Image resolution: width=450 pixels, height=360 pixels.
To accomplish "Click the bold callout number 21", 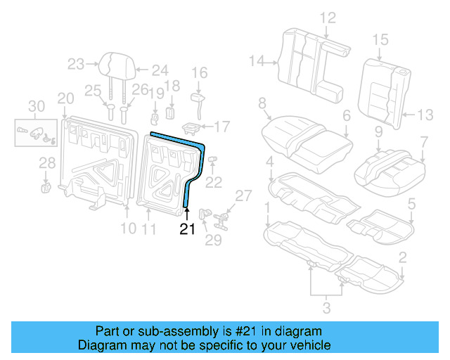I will tap(186, 229).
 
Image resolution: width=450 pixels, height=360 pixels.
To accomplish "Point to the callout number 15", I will tap(380, 40).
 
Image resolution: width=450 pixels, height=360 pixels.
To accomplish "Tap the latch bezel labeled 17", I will tap(191, 128).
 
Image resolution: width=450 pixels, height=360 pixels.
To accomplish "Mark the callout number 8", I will tap(263, 104).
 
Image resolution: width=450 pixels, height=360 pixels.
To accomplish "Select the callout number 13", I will tap(426, 115).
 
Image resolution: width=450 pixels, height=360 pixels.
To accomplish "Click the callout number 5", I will tap(411, 205).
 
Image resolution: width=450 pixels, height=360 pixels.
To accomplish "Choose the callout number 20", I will tap(65, 98).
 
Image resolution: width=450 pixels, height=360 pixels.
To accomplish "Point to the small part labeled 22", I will tap(212, 161).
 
